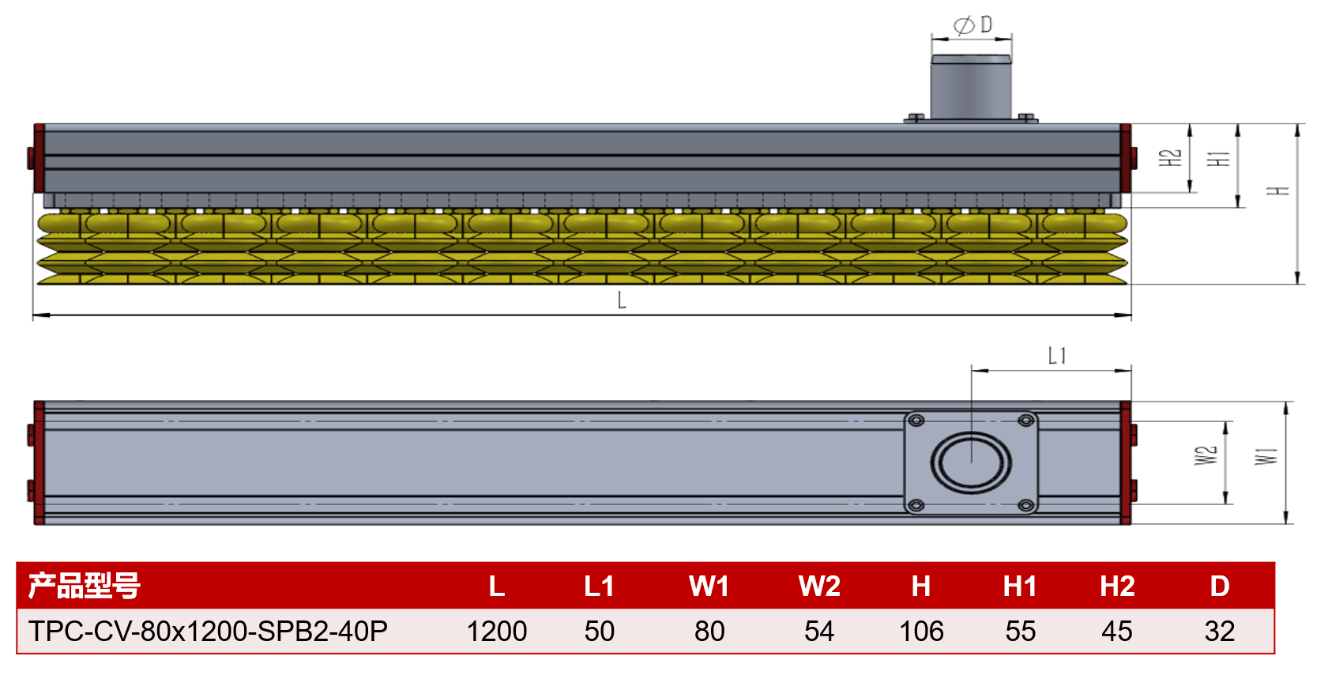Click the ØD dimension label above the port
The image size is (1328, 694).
(972, 25)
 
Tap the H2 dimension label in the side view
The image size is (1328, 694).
(1170, 158)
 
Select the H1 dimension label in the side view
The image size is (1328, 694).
(1219, 158)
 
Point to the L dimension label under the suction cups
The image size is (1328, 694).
(621, 300)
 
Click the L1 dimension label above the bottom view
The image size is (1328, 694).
(1057, 356)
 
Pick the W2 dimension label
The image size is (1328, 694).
(1206, 455)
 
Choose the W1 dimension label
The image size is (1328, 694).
(1266, 456)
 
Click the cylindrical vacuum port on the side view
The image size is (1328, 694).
(971, 87)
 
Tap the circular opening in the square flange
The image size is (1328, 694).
(971, 463)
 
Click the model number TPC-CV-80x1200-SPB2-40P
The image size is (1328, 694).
(208, 631)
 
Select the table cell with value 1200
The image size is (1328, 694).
(497, 631)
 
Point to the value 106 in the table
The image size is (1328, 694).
(921, 631)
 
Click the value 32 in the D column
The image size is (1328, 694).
(1220, 631)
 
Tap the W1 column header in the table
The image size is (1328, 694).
(709, 586)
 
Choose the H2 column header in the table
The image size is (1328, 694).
(1118, 586)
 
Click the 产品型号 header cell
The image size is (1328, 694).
(85, 586)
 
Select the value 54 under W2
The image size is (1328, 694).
(819, 631)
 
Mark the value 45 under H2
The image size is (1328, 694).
(1117, 631)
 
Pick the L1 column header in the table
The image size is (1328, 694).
(599, 586)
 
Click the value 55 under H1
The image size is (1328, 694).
(1021, 631)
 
